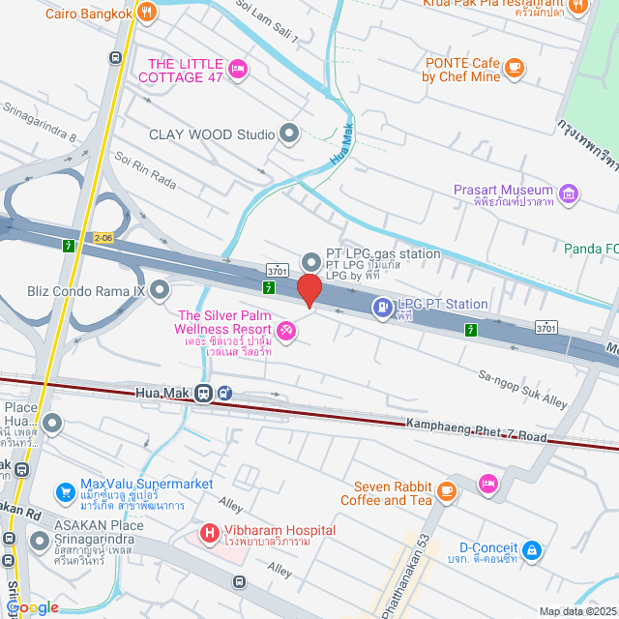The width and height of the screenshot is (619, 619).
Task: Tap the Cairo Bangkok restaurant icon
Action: point(147,13)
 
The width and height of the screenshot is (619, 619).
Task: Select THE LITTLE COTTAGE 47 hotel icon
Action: point(237,67)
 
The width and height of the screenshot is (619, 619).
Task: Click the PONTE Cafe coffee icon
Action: point(514,67)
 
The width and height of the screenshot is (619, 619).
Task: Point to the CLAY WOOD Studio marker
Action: point(288,133)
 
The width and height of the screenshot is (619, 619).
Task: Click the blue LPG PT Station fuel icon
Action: point(383,308)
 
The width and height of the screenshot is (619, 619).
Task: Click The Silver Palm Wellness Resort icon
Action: point(285,332)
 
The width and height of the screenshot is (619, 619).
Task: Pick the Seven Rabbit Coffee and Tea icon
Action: point(446,491)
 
